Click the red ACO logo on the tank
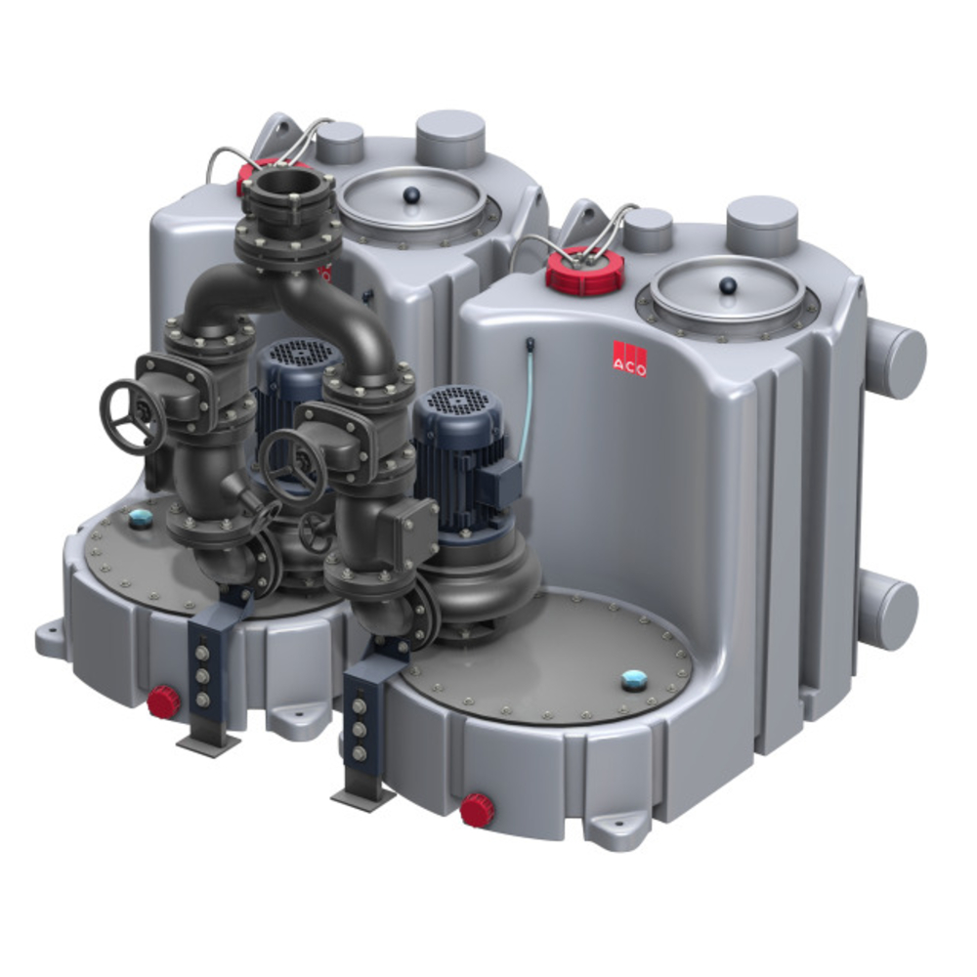coord(629,359)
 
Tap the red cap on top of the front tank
coord(584,270)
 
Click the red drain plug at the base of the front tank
coord(478,809)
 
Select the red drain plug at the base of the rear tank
coord(164,702)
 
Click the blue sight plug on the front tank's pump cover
coord(635,680)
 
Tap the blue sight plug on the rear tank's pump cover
coord(139,518)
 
